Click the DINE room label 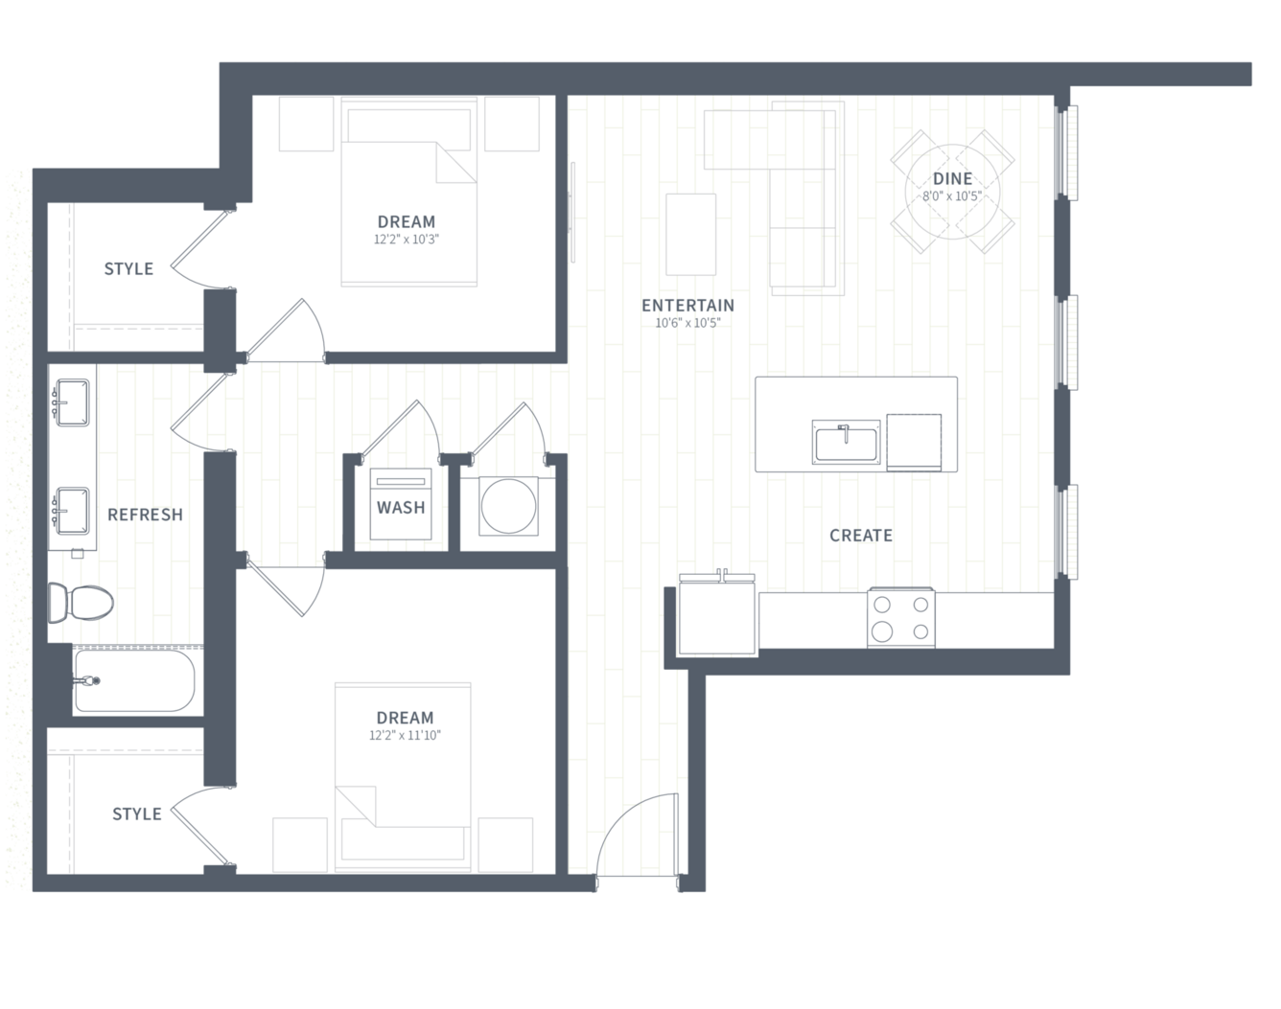tap(952, 178)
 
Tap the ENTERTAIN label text tap(687, 306)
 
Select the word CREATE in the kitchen tap(861, 536)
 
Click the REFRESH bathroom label tap(145, 515)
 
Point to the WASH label tap(401, 508)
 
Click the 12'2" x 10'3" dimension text tap(406, 240)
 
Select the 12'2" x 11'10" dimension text tap(405, 735)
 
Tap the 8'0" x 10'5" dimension tap(952, 196)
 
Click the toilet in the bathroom tap(81, 602)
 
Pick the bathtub tap(134, 680)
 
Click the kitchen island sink tap(846, 442)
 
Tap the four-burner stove tap(900, 617)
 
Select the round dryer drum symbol tap(508, 506)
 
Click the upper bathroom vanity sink tap(72, 402)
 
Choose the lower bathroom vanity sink tap(72, 511)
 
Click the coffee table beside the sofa tap(690, 235)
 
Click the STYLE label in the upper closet tap(128, 269)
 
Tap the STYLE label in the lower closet tap(137, 814)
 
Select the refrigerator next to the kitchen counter tap(717, 616)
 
